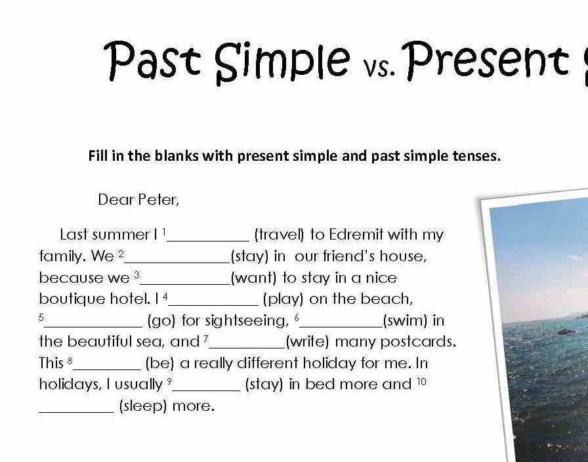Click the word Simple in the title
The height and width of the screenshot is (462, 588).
283,62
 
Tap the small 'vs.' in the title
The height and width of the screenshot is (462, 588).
379,68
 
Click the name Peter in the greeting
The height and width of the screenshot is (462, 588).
158,199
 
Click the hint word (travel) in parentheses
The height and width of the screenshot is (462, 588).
280,235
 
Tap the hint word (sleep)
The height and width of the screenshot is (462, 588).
143,406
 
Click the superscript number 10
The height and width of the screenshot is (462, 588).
421,382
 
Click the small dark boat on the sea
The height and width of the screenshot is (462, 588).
566,331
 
